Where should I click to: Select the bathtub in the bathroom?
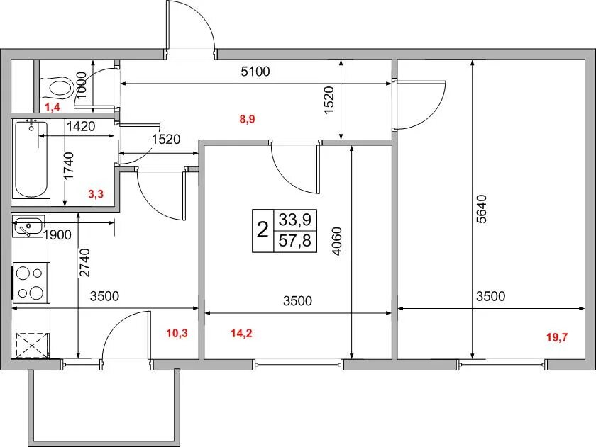(31, 159)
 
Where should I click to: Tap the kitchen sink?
(28, 226)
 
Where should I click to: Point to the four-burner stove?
(31, 283)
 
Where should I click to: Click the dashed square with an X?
(33, 345)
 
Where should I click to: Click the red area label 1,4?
(53, 108)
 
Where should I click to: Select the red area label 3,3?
(95, 194)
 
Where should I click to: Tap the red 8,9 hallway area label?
(247, 119)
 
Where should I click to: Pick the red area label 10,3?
(177, 334)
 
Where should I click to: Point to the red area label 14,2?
(241, 334)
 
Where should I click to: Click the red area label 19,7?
(557, 337)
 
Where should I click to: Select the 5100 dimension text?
(255, 71)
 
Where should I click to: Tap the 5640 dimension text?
(481, 209)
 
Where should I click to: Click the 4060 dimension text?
(337, 241)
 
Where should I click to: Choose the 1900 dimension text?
(57, 235)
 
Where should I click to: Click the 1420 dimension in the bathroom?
(81, 126)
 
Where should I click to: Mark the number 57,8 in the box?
(295, 241)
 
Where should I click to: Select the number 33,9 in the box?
(295, 220)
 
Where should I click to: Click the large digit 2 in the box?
(263, 230)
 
